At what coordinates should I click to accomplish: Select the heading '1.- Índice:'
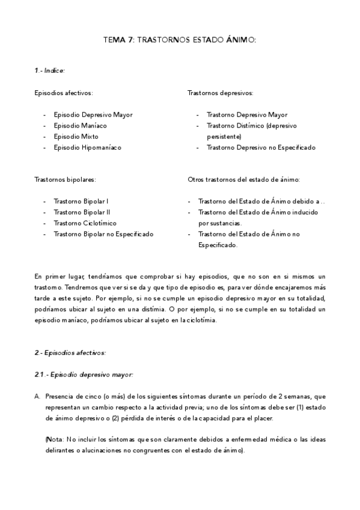pos(49,70)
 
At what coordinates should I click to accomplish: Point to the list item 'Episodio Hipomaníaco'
pos(87,147)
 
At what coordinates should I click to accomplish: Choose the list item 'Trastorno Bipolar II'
pos(82,212)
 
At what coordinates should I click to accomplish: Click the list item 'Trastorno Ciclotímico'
pos(85,223)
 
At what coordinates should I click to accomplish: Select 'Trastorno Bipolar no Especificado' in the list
pos(103,234)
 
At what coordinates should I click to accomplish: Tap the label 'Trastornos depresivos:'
pos(220,93)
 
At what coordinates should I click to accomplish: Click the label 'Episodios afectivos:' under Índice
pos(64,93)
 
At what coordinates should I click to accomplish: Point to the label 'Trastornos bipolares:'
pos(65,180)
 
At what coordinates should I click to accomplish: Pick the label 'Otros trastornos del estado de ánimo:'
pos(244,180)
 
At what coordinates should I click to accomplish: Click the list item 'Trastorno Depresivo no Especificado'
pos(260,147)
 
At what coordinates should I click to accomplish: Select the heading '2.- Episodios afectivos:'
pos(70,352)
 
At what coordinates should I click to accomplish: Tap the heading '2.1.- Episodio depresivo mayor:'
pos(84,375)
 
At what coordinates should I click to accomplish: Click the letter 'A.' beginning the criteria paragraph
pos(37,396)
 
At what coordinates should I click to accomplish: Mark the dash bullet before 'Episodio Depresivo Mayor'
pos(46,115)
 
